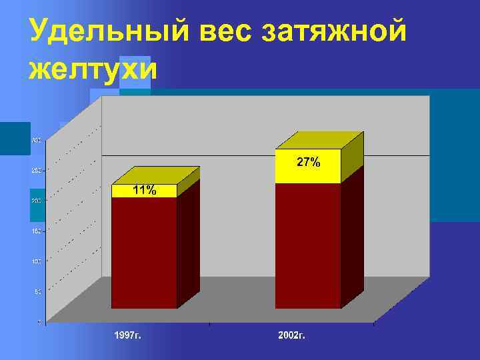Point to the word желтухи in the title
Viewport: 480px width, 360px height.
(x=93, y=69)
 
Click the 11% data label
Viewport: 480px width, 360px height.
(x=144, y=191)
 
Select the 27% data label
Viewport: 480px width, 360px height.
(x=308, y=161)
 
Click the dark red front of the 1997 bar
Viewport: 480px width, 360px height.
(x=144, y=253)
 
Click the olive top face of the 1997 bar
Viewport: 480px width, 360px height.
(x=156, y=175)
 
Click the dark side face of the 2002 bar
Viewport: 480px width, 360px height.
(x=353, y=233)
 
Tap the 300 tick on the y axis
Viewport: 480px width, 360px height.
(x=36, y=140)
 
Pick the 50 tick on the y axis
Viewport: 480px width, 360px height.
(x=37, y=291)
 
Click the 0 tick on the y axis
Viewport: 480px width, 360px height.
(x=39, y=321)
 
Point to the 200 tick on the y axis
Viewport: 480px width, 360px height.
(x=36, y=201)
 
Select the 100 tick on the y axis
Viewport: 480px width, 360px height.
(x=36, y=261)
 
